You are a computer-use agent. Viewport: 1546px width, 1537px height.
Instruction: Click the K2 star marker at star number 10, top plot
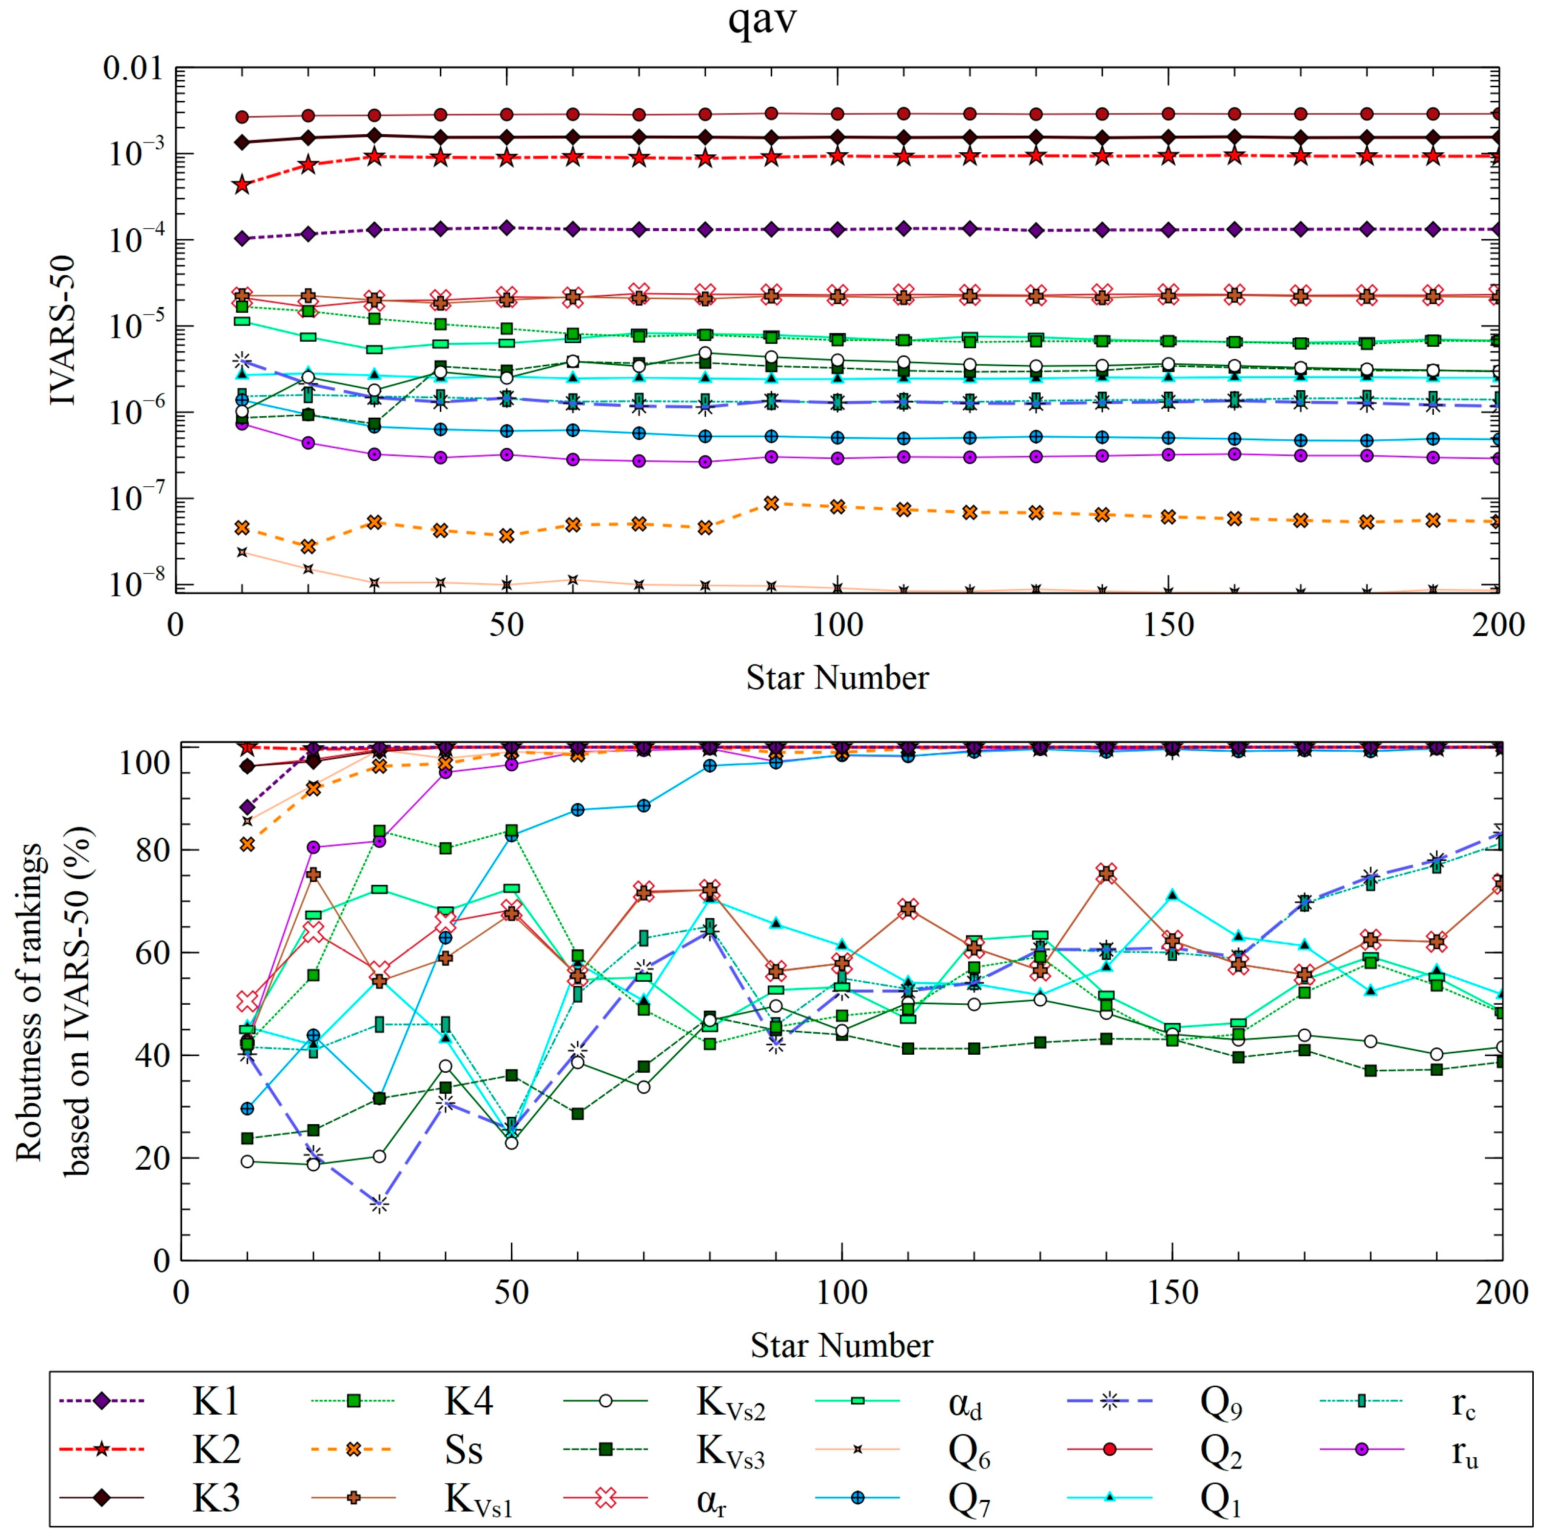pyautogui.click(x=241, y=185)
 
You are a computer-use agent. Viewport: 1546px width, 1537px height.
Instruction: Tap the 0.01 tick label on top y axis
pyautogui.click(x=132, y=69)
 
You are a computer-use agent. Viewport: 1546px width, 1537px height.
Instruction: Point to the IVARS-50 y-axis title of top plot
pyautogui.click(x=62, y=330)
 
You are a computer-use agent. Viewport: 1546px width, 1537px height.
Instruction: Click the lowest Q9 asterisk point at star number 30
pyautogui.click(x=380, y=1204)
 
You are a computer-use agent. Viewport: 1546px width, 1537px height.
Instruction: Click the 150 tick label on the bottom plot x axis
pyautogui.click(x=1172, y=1292)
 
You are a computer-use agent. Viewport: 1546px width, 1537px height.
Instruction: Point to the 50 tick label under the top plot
pyautogui.click(x=506, y=625)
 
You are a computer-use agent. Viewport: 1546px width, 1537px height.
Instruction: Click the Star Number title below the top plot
pyautogui.click(x=837, y=678)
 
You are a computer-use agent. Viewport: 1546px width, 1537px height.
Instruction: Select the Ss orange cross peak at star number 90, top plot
pyautogui.click(x=771, y=503)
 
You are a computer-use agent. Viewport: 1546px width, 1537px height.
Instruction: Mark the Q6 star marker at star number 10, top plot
pyautogui.click(x=241, y=552)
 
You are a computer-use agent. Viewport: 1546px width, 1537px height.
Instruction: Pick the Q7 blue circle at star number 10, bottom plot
pyautogui.click(x=247, y=1108)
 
